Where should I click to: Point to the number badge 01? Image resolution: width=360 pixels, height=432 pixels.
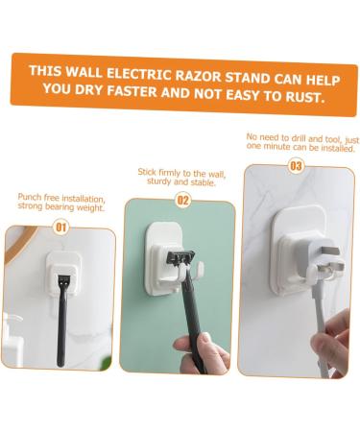(60, 228)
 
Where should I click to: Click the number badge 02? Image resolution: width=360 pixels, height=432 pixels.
(183, 202)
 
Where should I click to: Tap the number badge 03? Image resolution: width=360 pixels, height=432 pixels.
(296, 166)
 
